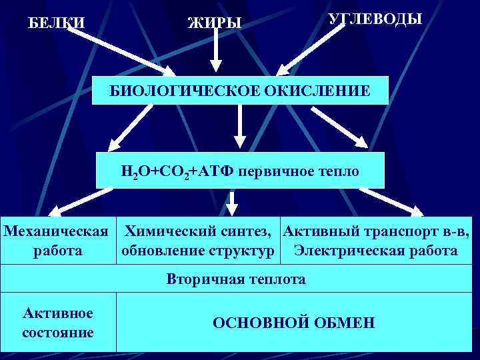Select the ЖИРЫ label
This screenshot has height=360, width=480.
[x=215, y=23]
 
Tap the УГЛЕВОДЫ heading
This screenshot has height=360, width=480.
[x=375, y=19]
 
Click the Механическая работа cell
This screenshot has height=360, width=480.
[x=56, y=241]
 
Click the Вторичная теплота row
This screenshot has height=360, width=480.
[x=236, y=279]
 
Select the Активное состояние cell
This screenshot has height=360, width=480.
[x=58, y=323]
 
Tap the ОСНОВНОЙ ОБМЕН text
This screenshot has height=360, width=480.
[x=294, y=323]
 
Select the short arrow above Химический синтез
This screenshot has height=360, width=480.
[x=231, y=201]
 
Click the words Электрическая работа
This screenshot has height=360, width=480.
[x=376, y=251]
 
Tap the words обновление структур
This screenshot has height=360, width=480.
[x=198, y=251]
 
